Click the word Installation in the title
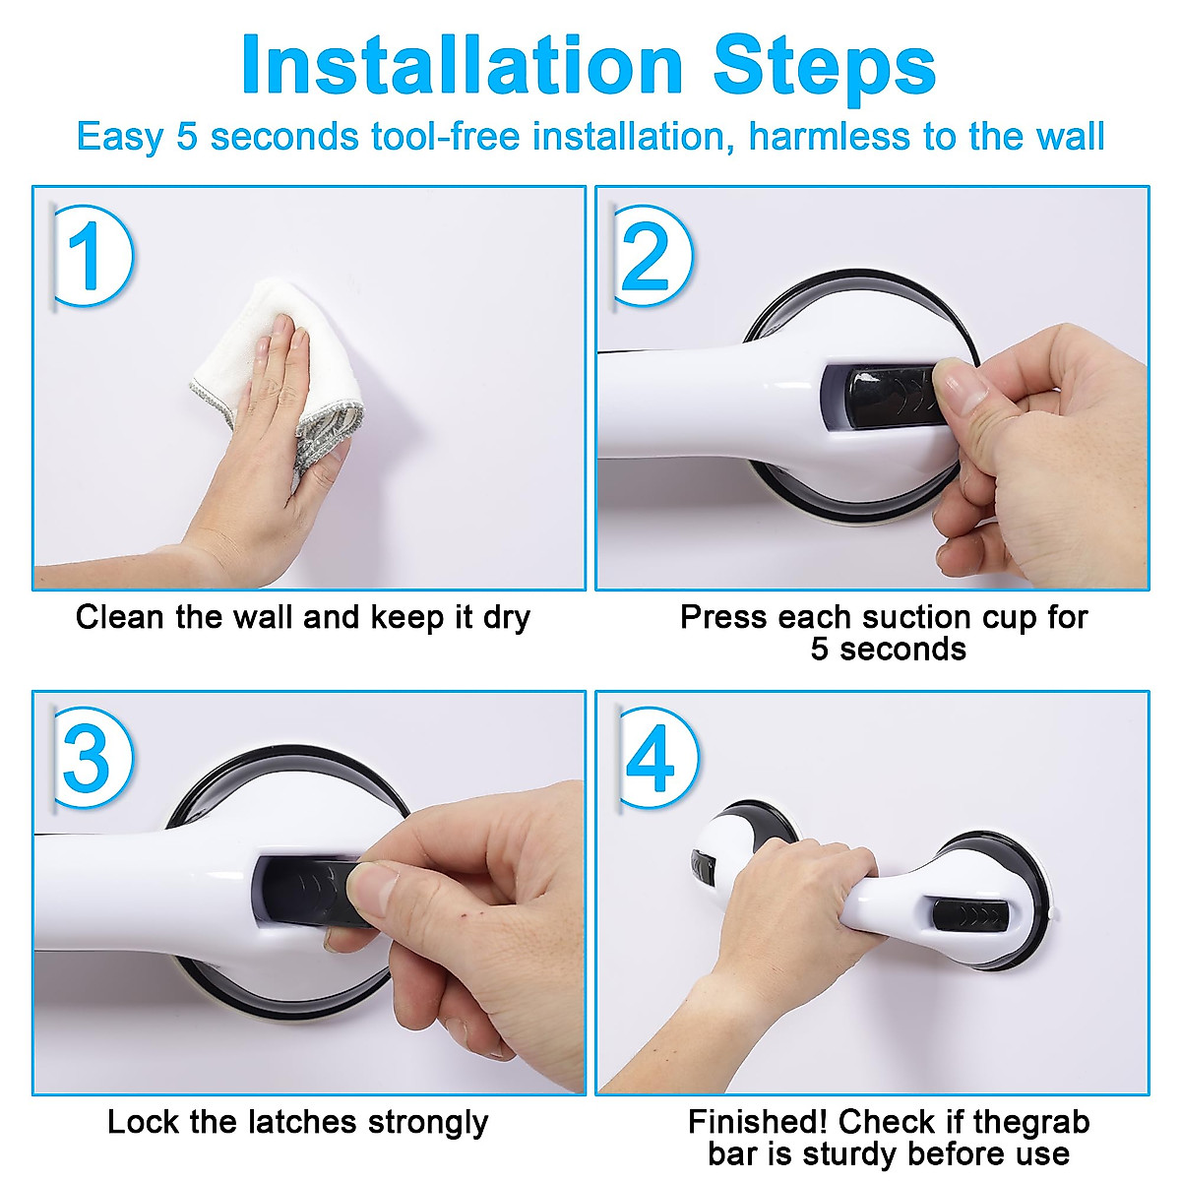(x=463, y=64)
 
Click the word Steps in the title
(x=825, y=69)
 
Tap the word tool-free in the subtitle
(x=446, y=136)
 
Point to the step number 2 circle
(x=653, y=256)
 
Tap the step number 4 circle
(x=658, y=757)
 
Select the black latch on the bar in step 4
(x=970, y=917)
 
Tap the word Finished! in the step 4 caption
(x=758, y=1122)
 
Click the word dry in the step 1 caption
(x=506, y=618)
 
